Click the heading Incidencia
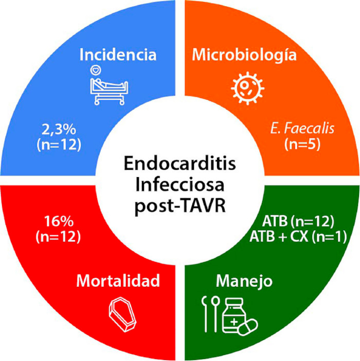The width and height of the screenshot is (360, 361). pyautogui.click(x=118, y=55)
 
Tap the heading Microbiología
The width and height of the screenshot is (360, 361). pyautogui.click(x=244, y=55)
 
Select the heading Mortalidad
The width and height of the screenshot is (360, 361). pyautogui.click(x=118, y=281)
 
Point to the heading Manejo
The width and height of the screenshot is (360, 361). pyautogui.click(x=244, y=281)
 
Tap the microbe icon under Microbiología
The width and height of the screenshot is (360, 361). pyautogui.click(x=247, y=88)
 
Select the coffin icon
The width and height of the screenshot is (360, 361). pyautogui.click(x=122, y=315)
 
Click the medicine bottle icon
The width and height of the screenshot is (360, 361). pyautogui.click(x=232, y=315)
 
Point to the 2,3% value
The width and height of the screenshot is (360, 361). pyautogui.click(x=59, y=130)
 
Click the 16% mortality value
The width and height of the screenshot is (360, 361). pyautogui.click(x=59, y=221)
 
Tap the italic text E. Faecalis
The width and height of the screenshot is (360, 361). pyautogui.click(x=302, y=129)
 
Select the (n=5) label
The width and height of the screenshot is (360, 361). pyautogui.click(x=302, y=144)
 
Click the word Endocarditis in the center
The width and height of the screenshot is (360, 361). pyautogui.click(x=180, y=164)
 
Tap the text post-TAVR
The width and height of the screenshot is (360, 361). pyautogui.click(x=180, y=206)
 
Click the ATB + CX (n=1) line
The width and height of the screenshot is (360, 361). pyautogui.click(x=298, y=237)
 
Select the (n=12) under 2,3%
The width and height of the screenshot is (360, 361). pyautogui.click(x=59, y=145)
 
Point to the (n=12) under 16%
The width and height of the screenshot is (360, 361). pyautogui.click(x=59, y=237)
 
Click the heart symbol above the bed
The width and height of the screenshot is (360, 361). pyautogui.click(x=96, y=70)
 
